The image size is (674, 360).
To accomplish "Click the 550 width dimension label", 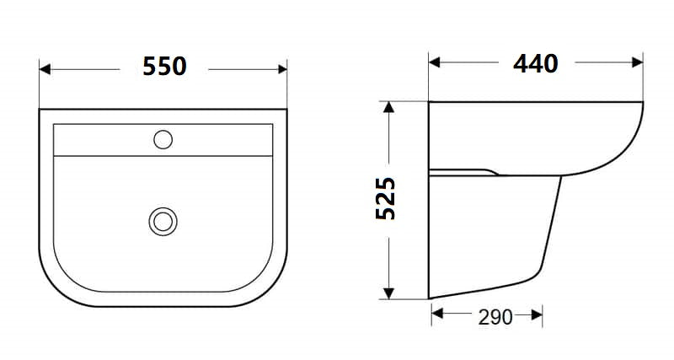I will click(164, 67).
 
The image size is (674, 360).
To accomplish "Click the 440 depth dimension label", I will click(536, 62).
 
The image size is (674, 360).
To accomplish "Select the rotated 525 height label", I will click(386, 198).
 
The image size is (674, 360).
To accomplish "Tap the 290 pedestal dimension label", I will click(495, 317).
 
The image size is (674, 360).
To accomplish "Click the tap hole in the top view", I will click(163, 138).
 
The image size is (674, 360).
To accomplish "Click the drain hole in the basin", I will click(163, 221).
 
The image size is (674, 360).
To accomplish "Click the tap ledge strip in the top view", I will click(101, 140).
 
